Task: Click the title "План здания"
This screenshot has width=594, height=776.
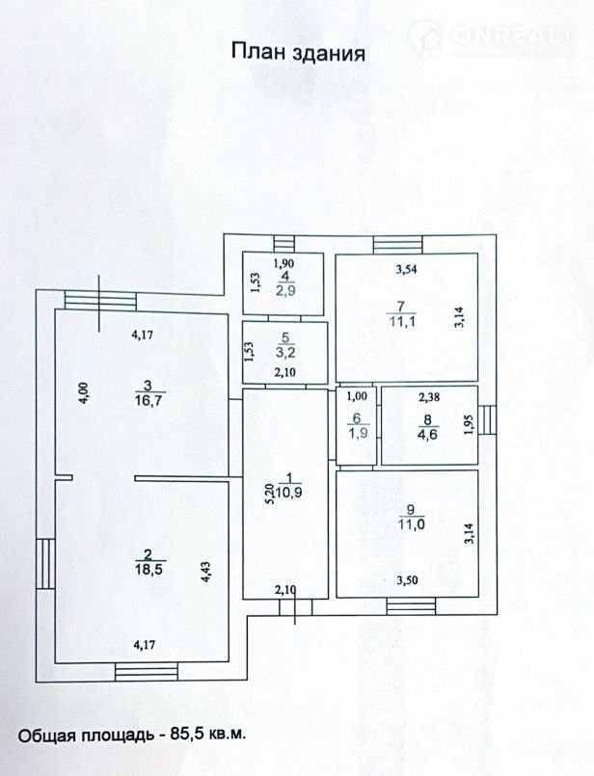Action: pos(299,52)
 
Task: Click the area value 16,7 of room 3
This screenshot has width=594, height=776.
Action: pos(148,400)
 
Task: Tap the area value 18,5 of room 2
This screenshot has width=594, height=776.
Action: pos(148,569)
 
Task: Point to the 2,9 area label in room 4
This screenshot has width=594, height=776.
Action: pos(285,290)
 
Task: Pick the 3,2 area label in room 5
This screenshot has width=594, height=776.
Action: pos(285,353)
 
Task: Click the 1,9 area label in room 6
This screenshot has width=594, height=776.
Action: pos(357,434)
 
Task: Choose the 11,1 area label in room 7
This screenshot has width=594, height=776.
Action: pos(401,322)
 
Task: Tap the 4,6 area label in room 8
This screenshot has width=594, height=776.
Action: pos(428,435)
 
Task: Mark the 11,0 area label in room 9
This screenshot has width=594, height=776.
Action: pos(412,524)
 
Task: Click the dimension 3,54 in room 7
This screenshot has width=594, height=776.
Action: pos(406,269)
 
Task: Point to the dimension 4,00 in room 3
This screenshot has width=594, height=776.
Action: pos(85,394)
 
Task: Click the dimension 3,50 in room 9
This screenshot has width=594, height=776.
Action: pos(407,580)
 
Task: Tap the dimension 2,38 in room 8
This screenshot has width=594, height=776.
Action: pos(429,397)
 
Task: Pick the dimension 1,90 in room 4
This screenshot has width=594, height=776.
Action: pos(284,264)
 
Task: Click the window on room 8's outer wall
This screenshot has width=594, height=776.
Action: pos(487,419)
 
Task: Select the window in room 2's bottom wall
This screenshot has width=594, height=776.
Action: pos(147,672)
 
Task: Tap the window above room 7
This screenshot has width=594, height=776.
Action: pos(398,245)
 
